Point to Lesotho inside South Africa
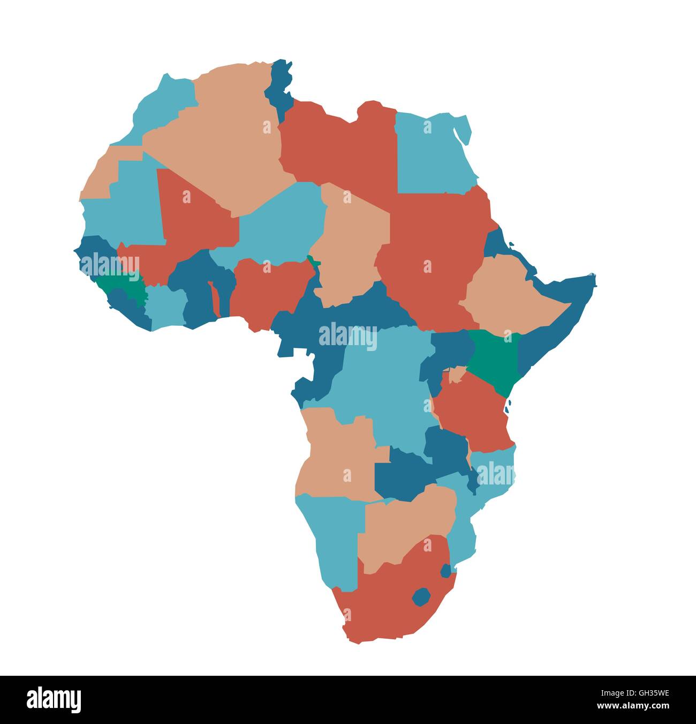(x=421, y=596)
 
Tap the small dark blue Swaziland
(x=445, y=571)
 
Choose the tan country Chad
(x=351, y=241)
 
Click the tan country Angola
(x=337, y=456)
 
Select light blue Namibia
(x=332, y=536)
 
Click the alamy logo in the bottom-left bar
(x=54, y=699)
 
